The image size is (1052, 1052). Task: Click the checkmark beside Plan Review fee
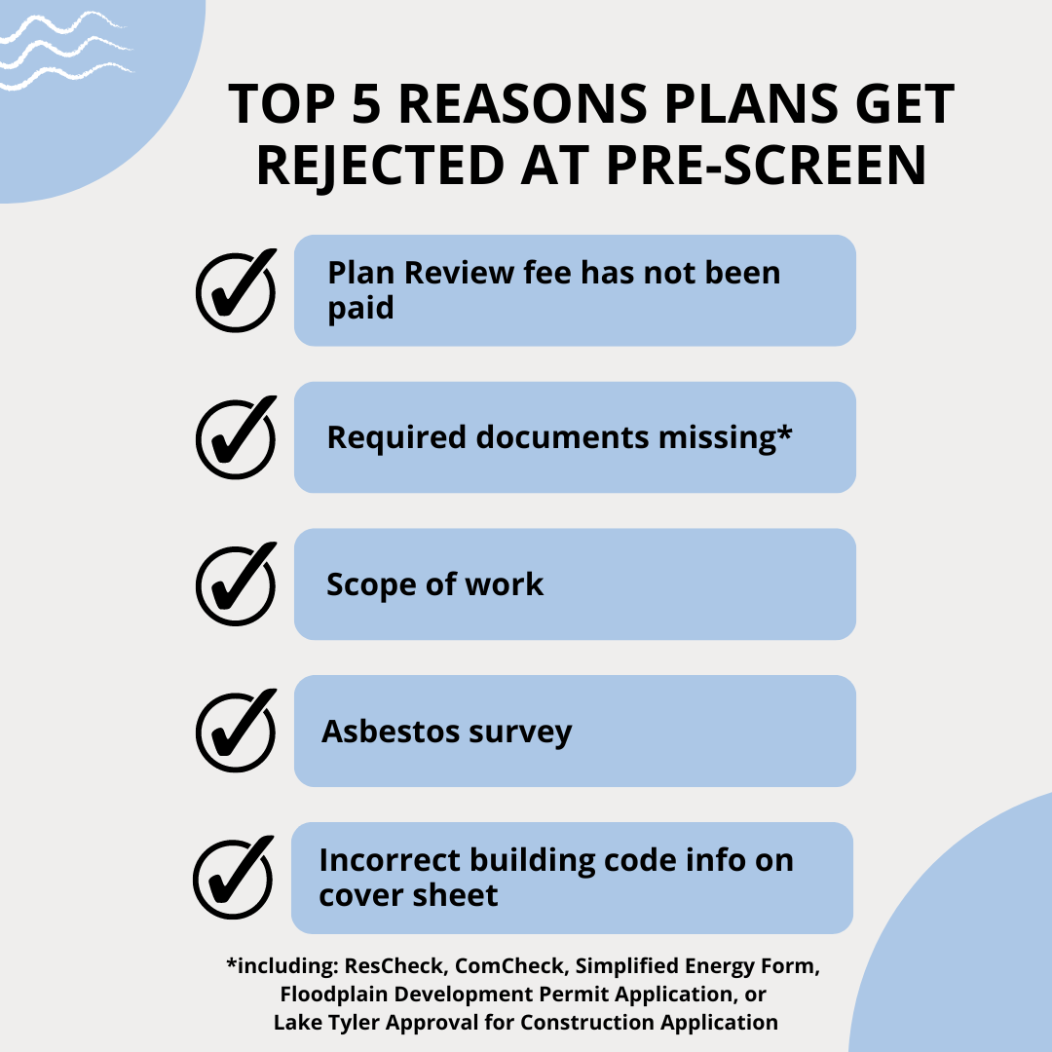point(236,290)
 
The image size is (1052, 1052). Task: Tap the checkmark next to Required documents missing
point(236,436)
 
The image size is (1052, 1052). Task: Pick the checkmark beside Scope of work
point(236,583)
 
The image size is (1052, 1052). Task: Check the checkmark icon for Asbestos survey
point(236,731)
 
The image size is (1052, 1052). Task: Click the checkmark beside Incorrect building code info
point(234,877)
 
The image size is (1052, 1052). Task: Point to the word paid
point(360,308)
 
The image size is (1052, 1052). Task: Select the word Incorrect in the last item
point(390,860)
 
